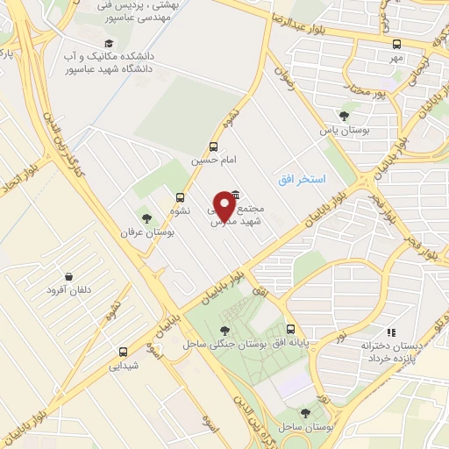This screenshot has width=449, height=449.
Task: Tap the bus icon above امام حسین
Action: click(x=214, y=147)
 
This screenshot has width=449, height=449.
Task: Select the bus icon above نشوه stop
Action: click(x=180, y=197)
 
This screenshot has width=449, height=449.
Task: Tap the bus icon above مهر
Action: click(x=396, y=44)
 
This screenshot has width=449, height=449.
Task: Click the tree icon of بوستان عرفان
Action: click(x=146, y=219)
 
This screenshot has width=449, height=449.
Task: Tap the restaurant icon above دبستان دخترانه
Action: click(x=392, y=332)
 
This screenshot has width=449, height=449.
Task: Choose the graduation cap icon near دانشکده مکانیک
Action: click(x=109, y=44)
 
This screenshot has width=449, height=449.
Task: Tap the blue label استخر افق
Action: click(x=299, y=179)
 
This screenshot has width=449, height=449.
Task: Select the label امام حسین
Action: click(x=214, y=161)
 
